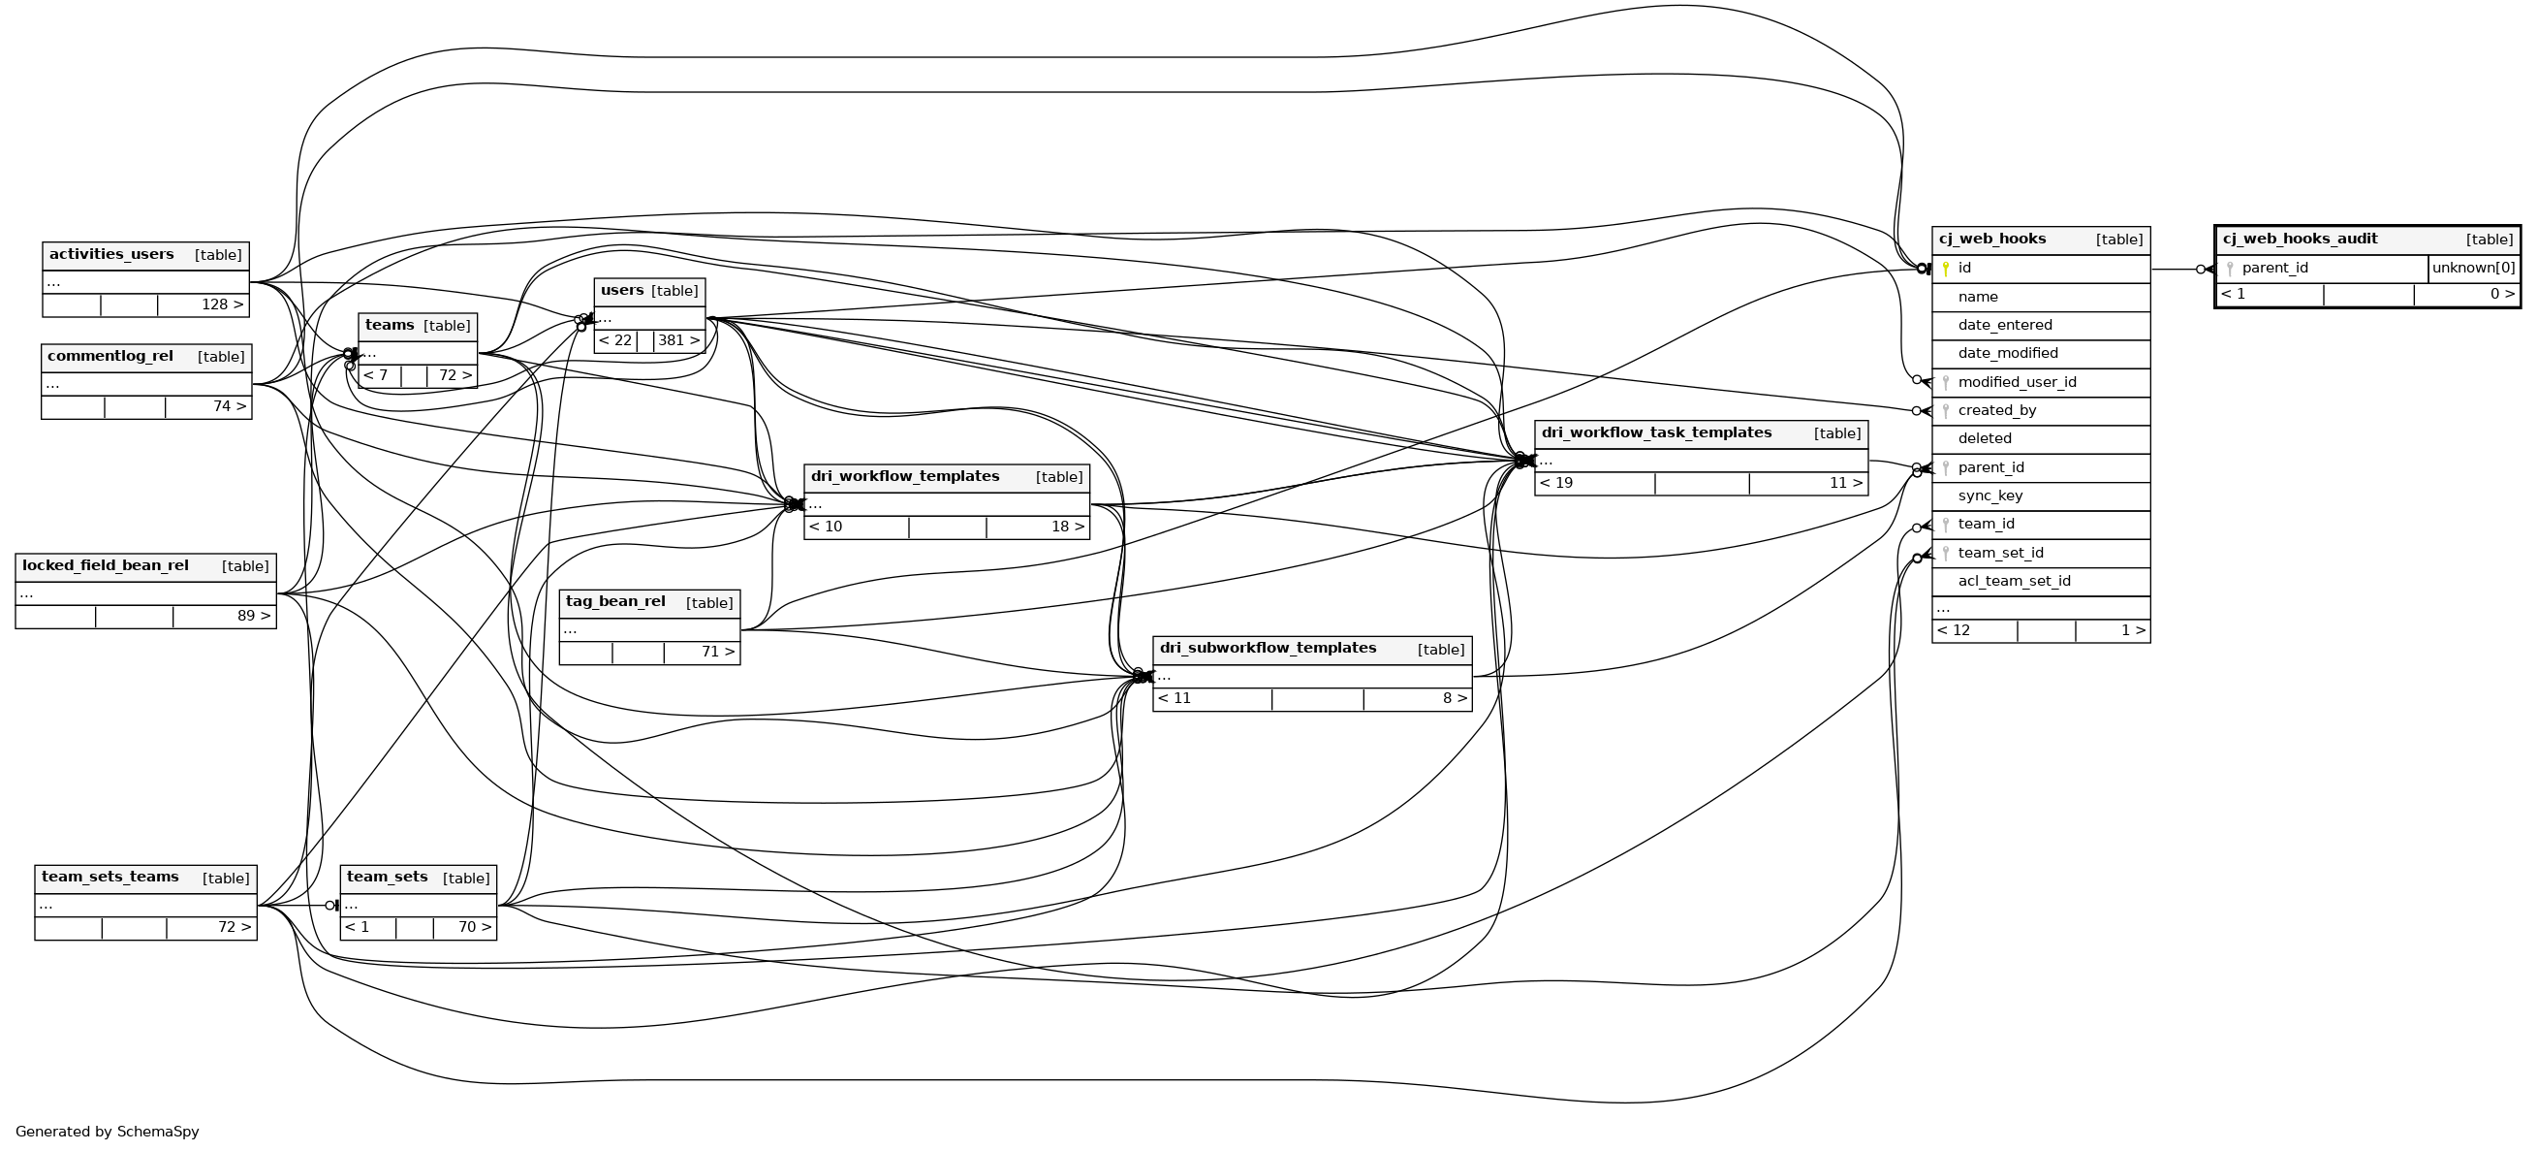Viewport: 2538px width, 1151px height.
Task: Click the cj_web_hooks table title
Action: pyautogui.click(x=1991, y=239)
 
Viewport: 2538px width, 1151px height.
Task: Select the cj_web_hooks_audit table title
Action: pyautogui.click(x=2300, y=239)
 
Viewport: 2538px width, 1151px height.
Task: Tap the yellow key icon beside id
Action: pyautogui.click(x=1946, y=268)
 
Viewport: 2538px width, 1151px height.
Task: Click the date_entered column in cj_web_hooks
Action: pyautogui.click(x=2005, y=325)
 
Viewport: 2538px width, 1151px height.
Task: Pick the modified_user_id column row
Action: pyautogui.click(x=2017, y=382)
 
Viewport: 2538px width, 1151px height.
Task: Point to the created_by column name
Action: pyautogui.click(x=1997, y=411)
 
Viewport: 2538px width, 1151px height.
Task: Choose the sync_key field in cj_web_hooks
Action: pyautogui.click(x=1990, y=496)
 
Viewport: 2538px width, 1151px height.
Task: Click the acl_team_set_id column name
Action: pyautogui.click(x=2014, y=582)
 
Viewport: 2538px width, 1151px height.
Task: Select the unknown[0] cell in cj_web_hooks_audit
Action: pyautogui.click(x=2473, y=268)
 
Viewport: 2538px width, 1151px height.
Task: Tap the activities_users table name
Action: pyautogui.click(x=111, y=254)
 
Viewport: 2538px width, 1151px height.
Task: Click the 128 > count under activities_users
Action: pyautogui.click(x=222, y=304)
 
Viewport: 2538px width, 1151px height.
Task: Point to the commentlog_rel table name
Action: pyautogui.click(x=110, y=357)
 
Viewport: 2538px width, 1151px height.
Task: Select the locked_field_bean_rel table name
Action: pyautogui.click(x=106, y=565)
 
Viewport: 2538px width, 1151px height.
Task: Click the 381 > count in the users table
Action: pyautogui.click(x=677, y=341)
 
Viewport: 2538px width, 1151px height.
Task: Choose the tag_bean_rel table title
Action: pyautogui.click(x=615, y=602)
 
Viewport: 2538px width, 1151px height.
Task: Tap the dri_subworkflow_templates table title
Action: pyautogui.click(x=1268, y=649)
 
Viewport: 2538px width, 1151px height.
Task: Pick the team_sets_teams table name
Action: pyautogui.click(x=110, y=877)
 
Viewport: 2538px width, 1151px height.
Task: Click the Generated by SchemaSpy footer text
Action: pyautogui.click(x=108, y=1132)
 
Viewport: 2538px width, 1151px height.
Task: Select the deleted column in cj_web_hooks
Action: pyautogui.click(x=1985, y=438)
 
